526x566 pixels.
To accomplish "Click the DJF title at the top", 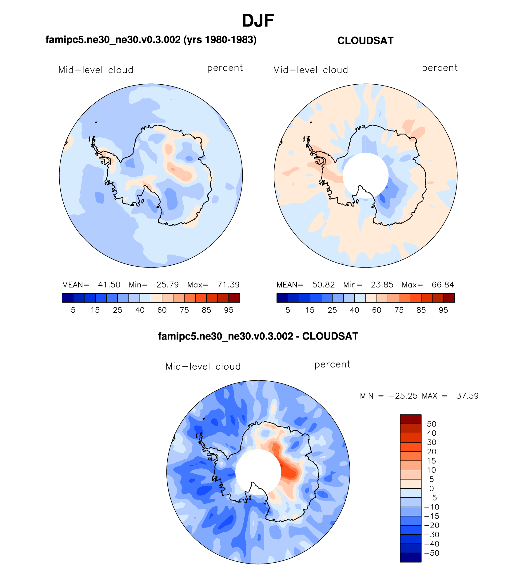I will [258, 21].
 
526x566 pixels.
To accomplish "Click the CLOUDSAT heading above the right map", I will [365, 41].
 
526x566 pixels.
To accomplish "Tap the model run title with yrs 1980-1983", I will [151, 40].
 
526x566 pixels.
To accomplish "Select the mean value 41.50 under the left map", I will [109, 285].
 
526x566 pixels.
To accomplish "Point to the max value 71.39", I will [228, 285].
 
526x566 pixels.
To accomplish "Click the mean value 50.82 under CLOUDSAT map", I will [323, 285].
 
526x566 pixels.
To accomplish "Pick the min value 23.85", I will [382, 285].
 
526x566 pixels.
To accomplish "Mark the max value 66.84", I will [443, 285].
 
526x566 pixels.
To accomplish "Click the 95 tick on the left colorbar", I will [229, 310].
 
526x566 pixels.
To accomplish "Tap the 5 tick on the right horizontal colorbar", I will [288, 310].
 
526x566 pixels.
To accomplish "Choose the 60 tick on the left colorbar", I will [162, 310].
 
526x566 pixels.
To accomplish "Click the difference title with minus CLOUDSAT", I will [258, 336].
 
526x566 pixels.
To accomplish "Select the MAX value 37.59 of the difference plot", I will [467, 396].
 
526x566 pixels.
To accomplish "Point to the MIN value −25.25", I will [403, 396].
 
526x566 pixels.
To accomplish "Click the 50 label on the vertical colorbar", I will [431, 424].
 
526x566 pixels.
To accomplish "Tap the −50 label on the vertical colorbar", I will [432, 553].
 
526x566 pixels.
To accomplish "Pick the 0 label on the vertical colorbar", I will [431, 488].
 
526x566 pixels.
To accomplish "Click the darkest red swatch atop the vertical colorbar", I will [411, 419].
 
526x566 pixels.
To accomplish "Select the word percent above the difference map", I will [332, 365].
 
